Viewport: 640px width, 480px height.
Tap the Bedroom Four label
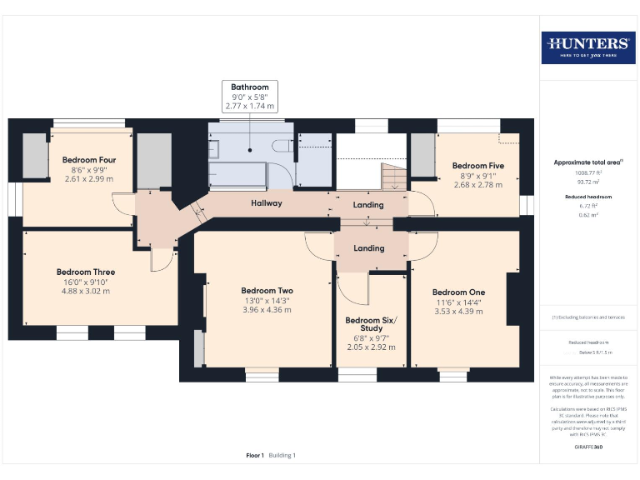coord(88,160)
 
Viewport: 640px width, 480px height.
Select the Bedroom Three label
coord(85,272)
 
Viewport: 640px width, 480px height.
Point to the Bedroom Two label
coord(267,291)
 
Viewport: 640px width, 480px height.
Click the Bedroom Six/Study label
coord(371,325)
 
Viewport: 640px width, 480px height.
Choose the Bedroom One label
coord(458,292)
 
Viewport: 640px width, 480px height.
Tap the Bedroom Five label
coord(478,166)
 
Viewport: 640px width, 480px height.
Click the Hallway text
coord(267,203)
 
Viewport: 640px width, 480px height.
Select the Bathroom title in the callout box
coord(250,87)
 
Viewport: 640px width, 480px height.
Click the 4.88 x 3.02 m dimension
coord(85,292)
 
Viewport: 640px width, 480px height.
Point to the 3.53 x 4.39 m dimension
coord(458,312)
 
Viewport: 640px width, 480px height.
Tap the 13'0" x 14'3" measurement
coord(267,301)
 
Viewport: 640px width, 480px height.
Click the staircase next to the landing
coord(392,176)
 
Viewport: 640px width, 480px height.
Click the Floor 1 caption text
coord(255,456)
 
